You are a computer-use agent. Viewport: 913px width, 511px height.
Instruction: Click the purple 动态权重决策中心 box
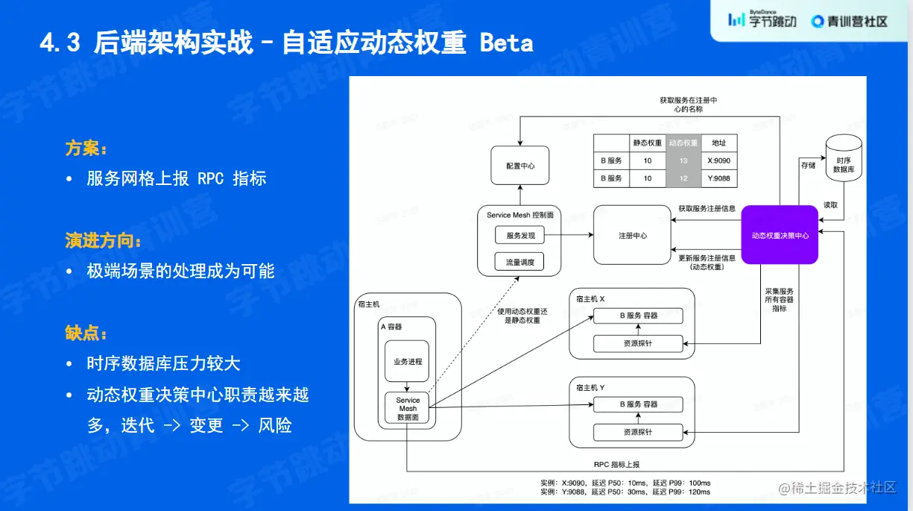click(x=780, y=235)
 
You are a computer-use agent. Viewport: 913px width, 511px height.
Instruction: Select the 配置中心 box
click(x=519, y=166)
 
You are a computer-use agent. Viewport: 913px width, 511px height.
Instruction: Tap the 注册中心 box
click(x=632, y=236)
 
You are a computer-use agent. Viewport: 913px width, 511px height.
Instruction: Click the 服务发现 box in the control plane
click(x=520, y=236)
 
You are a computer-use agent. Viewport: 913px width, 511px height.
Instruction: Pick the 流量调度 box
click(x=520, y=262)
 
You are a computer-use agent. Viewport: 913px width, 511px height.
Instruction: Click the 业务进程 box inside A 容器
click(x=408, y=362)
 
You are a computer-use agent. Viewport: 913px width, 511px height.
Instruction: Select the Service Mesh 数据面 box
click(x=408, y=409)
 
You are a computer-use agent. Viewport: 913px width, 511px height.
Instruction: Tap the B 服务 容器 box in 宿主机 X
click(x=638, y=316)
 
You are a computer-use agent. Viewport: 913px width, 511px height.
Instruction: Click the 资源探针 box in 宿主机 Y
click(x=638, y=432)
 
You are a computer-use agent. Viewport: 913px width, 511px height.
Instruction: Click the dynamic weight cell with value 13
click(x=683, y=160)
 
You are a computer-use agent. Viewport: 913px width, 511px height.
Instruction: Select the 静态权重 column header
click(x=648, y=142)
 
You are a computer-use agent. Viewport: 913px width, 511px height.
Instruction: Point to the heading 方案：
click(x=86, y=148)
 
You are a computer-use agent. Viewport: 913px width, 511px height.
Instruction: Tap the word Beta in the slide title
click(x=507, y=43)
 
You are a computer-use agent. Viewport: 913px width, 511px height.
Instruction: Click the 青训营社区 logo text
click(x=858, y=21)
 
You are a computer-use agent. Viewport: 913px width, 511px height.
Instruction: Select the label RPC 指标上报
click(x=617, y=465)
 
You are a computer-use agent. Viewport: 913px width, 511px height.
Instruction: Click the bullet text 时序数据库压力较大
click(x=163, y=364)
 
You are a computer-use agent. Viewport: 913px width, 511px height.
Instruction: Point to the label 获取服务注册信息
click(x=707, y=209)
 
